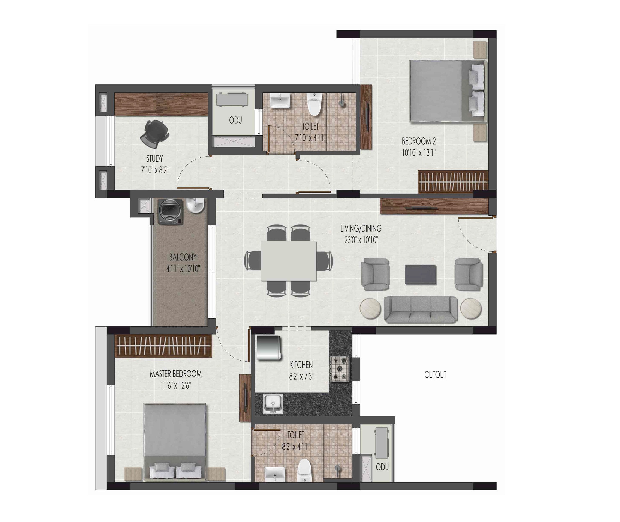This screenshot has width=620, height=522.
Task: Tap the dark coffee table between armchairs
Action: coord(420,275)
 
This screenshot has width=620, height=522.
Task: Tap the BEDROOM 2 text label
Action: coord(419,141)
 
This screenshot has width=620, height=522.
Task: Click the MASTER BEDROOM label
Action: coord(176,374)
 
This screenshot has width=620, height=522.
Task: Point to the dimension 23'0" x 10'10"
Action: coord(361,240)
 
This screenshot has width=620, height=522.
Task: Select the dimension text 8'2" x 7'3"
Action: coord(301,376)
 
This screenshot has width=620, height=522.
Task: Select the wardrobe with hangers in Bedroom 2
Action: coord(452,182)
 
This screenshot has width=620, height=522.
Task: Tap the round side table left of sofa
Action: coord(370,309)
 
